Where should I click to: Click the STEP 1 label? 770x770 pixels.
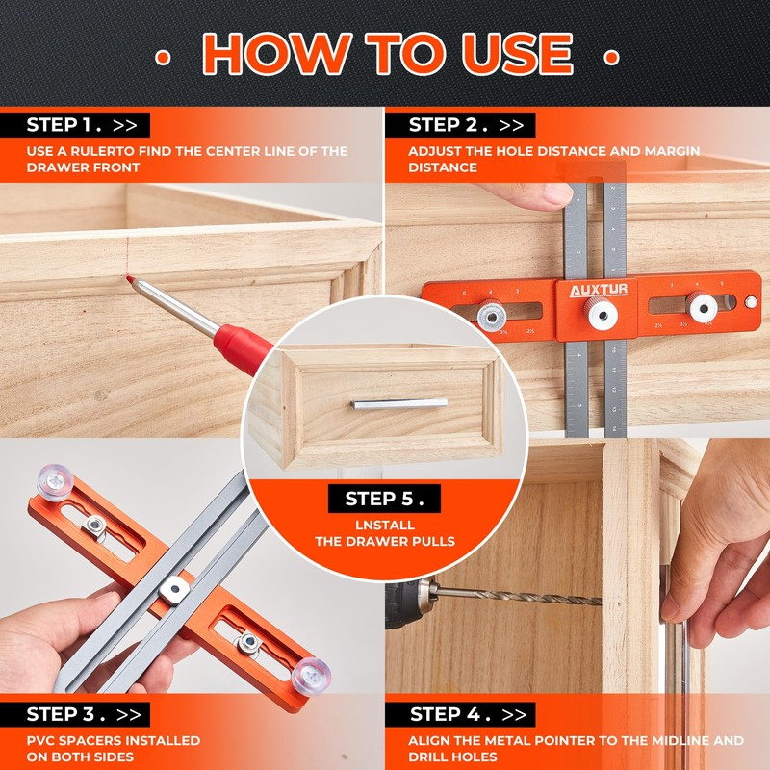tap(82, 124)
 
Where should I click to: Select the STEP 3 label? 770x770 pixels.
tap(82, 714)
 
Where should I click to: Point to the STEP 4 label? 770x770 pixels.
tap(467, 714)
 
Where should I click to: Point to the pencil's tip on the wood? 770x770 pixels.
tap(130, 280)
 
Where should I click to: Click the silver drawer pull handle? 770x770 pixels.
tap(398, 403)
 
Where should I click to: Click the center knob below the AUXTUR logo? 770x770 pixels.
tap(594, 311)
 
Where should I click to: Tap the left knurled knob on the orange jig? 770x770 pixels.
tap(494, 313)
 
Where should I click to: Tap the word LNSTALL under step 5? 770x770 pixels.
tap(384, 525)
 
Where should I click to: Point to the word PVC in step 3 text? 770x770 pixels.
tap(42, 740)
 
